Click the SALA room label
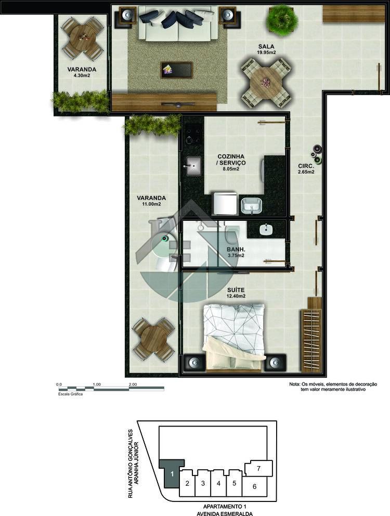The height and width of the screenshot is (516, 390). (x=266, y=46)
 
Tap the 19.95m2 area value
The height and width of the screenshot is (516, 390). (x=266, y=52)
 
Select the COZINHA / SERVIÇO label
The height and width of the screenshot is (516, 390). (x=231, y=160)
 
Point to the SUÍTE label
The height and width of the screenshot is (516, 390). (x=236, y=290)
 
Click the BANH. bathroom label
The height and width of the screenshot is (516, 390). (x=236, y=249)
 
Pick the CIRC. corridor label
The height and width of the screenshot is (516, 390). (x=306, y=166)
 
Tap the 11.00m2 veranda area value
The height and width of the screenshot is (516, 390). (x=151, y=204)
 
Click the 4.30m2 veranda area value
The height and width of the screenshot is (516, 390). (x=82, y=75)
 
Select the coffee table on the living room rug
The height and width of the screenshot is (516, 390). (x=177, y=70)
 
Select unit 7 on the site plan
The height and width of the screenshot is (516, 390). (x=258, y=468)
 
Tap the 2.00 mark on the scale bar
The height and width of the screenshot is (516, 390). (x=133, y=384)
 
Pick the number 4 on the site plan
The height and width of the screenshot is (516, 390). (x=218, y=483)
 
